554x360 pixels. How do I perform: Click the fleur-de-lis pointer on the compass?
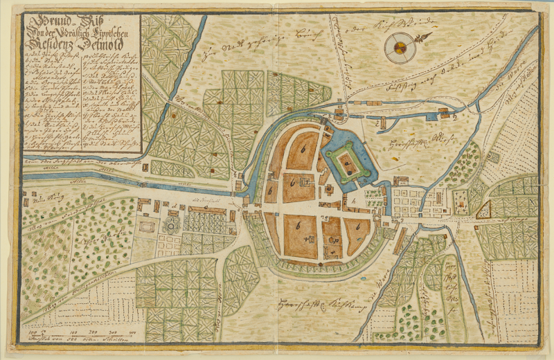pos(424,35)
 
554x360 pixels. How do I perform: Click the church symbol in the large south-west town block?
pos(307,239)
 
